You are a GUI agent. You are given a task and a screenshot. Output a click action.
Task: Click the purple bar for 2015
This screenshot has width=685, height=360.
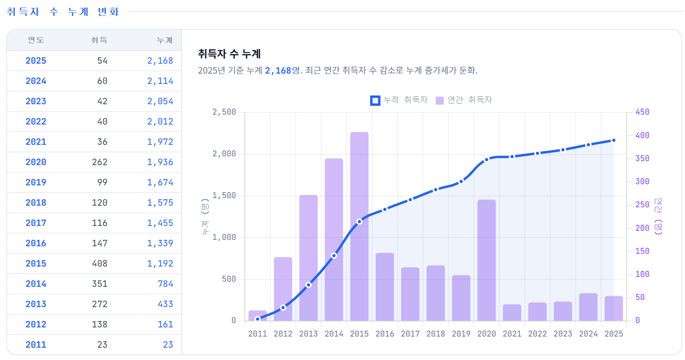tap(359, 226)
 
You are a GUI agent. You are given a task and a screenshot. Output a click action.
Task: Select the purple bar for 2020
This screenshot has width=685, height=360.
tap(487, 260)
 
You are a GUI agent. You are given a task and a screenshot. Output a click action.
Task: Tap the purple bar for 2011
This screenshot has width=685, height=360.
tap(258, 315)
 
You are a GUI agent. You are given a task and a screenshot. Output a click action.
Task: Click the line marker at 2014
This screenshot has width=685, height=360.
tap(334, 255)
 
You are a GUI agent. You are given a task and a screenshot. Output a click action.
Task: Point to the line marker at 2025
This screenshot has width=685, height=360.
tap(614, 140)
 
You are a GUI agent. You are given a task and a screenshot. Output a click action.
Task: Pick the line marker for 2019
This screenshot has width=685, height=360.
tap(461, 181)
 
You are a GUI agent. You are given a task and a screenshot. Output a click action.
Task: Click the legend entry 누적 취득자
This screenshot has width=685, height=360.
tap(399, 100)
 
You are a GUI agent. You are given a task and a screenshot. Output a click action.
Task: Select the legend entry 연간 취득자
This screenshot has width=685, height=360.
tap(464, 100)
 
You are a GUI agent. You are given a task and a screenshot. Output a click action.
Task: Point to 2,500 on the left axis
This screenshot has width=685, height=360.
tap(224, 112)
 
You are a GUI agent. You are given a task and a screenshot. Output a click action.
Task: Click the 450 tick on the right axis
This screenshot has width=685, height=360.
tap(642, 112)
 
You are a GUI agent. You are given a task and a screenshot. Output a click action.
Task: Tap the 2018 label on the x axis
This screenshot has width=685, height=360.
tap(436, 334)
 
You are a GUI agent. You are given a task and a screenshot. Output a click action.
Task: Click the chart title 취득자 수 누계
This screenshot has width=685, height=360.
tap(229, 54)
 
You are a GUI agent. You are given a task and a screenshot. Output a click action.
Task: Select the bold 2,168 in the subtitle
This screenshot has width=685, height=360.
tap(278, 70)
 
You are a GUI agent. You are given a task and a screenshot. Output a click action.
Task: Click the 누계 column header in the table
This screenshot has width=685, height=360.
tap(165, 40)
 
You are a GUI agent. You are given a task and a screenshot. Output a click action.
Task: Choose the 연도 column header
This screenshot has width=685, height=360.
tap(36, 40)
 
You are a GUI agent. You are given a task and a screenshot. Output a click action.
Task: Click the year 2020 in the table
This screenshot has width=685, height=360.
tap(36, 162)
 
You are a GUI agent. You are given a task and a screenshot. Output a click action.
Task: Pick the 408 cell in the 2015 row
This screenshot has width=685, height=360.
tap(100, 264)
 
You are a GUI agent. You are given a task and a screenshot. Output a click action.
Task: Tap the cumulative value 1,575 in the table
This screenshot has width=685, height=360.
tap(160, 203)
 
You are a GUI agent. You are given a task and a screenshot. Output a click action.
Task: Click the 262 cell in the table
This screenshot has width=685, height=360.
tap(100, 162)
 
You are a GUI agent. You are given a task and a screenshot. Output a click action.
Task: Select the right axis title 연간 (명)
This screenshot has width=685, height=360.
tap(658, 216)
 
